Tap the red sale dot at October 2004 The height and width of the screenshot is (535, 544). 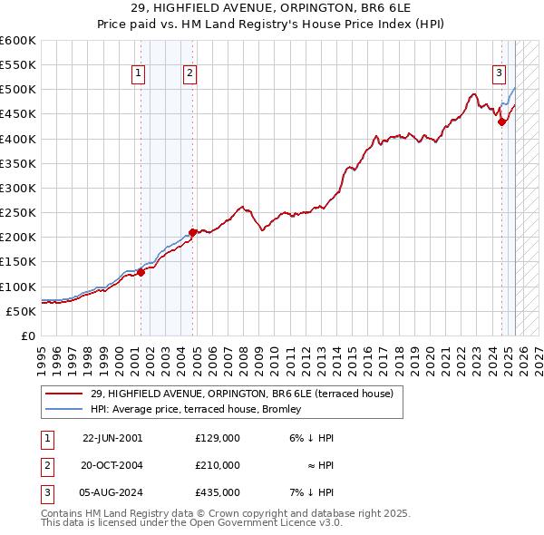[192, 232]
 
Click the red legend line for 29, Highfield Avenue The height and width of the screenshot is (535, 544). [63, 394]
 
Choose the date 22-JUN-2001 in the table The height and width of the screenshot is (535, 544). [112, 438]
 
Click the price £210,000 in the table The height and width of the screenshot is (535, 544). [218, 465]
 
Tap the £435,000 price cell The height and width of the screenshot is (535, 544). [218, 492]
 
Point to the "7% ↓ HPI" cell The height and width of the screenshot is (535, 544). [313, 492]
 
